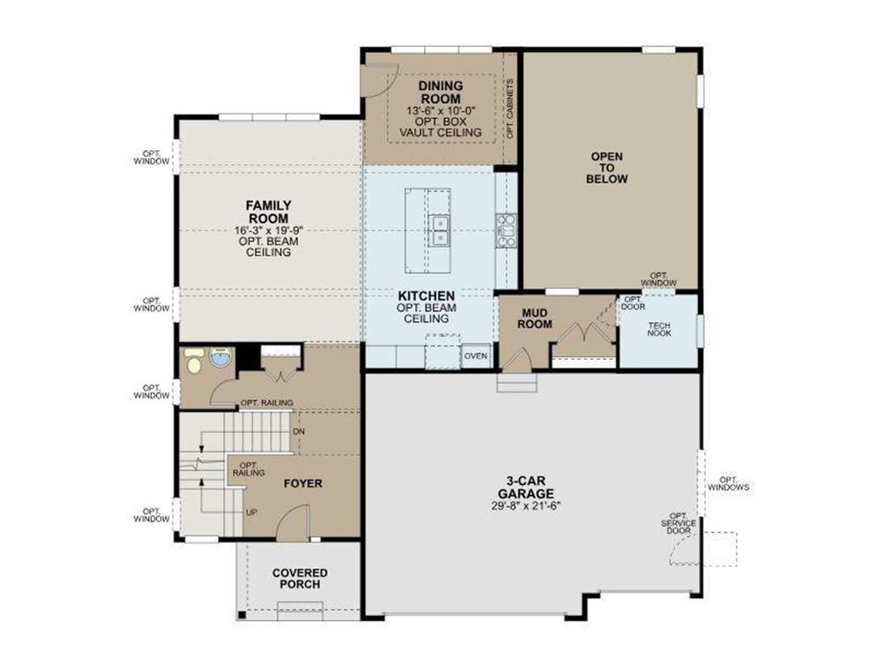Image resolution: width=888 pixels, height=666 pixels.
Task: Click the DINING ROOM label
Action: tap(441, 92)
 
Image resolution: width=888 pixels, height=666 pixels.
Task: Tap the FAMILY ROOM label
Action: tap(267, 212)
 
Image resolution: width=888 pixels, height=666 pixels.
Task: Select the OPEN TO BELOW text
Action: tap(607, 167)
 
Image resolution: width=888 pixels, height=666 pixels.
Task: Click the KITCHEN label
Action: tap(426, 296)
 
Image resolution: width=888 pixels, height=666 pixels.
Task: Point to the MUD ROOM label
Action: tap(535, 317)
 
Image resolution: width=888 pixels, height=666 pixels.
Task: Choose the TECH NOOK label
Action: tap(659, 330)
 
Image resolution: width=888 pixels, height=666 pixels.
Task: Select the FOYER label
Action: tap(303, 483)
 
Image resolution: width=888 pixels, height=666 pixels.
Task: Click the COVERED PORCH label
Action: tap(300, 578)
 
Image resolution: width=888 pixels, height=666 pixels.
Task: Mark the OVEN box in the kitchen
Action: tap(475, 356)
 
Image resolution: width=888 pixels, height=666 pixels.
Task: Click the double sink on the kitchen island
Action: tap(439, 229)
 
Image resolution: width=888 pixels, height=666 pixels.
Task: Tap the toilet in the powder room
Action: tap(195, 361)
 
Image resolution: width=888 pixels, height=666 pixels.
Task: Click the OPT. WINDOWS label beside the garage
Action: tap(728, 483)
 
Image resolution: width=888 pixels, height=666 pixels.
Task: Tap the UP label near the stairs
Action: tap(251, 512)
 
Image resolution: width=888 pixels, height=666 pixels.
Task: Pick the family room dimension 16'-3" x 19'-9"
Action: tap(267, 231)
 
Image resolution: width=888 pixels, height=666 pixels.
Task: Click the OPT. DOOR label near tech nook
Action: tap(632, 303)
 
